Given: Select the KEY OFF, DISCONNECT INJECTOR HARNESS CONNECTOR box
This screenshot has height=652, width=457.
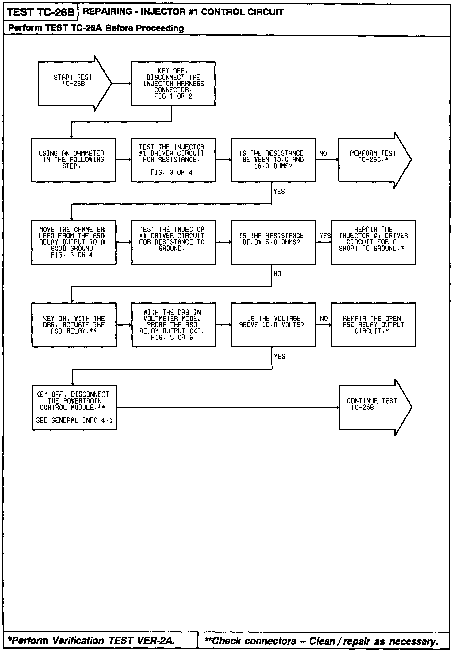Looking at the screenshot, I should click(173, 84).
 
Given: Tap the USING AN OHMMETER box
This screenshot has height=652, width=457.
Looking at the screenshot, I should click(73, 160).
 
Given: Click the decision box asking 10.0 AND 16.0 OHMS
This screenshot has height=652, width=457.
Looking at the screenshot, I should click(273, 160).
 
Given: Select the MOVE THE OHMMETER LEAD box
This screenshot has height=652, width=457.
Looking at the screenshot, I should click(74, 242).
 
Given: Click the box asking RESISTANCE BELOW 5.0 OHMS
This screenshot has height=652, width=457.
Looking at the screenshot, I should click(273, 242).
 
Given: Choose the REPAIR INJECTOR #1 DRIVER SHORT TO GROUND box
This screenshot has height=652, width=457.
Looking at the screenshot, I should click(373, 242).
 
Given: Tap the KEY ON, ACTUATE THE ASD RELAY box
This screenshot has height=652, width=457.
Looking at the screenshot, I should click(74, 325).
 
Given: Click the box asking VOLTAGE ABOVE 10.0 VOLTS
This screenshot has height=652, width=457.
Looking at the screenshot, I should click(274, 325).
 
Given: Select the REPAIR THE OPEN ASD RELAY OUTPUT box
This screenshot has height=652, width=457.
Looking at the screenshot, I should click(373, 325).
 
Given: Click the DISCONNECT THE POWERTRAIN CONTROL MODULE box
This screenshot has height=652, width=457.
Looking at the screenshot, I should click(74, 407).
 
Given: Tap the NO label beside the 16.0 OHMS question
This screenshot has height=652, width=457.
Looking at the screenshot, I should click(323, 153).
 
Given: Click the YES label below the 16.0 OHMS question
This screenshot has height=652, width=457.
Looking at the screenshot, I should click(279, 191).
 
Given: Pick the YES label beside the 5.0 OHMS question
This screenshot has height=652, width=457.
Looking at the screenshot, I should click(325, 236).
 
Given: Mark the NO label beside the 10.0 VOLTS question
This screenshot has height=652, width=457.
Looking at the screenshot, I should click(324, 318).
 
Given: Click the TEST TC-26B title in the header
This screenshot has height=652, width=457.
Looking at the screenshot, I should click(40, 12).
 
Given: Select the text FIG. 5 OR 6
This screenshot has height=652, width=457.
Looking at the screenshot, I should click(172, 337).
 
